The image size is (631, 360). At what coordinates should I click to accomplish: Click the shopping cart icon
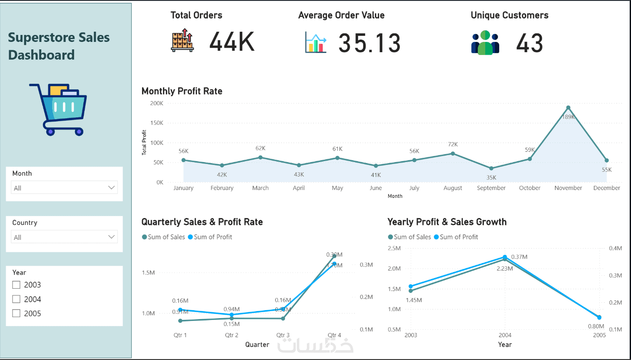(x=58, y=109)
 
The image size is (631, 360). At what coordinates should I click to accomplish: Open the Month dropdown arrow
(x=111, y=187)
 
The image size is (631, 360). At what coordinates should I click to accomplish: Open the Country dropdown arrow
(x=111, y=237)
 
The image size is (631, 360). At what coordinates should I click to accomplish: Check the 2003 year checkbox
(x=16, y=285)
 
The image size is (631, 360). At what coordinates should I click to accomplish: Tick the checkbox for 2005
(x=16, y=313)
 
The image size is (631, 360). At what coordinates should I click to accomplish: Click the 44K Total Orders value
(x=231, y=42)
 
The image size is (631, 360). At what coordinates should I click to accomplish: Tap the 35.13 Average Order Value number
(x=369, y=43)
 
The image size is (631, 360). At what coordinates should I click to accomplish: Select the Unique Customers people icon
(x=485, y=42)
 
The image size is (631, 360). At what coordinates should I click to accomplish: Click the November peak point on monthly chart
(x=568, y=108)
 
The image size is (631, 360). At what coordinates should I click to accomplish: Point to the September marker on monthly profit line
(x=491, y=168)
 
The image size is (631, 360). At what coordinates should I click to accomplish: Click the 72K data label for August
(x=453, y=144)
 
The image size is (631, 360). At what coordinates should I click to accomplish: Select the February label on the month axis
(x=222, y=188)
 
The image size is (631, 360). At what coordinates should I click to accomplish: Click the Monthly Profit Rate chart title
(x=182, y=91)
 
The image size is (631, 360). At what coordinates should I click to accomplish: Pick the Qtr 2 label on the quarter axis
(x=231, y=335)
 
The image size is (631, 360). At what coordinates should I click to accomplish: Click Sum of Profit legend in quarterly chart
(x=213, y=237)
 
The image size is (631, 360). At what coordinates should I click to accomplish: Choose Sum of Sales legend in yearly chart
(x=412, y=237)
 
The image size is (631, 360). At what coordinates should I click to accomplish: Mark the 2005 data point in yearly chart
(x=599, y=318)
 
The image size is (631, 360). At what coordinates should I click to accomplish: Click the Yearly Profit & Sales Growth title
(x=447, y=222)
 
